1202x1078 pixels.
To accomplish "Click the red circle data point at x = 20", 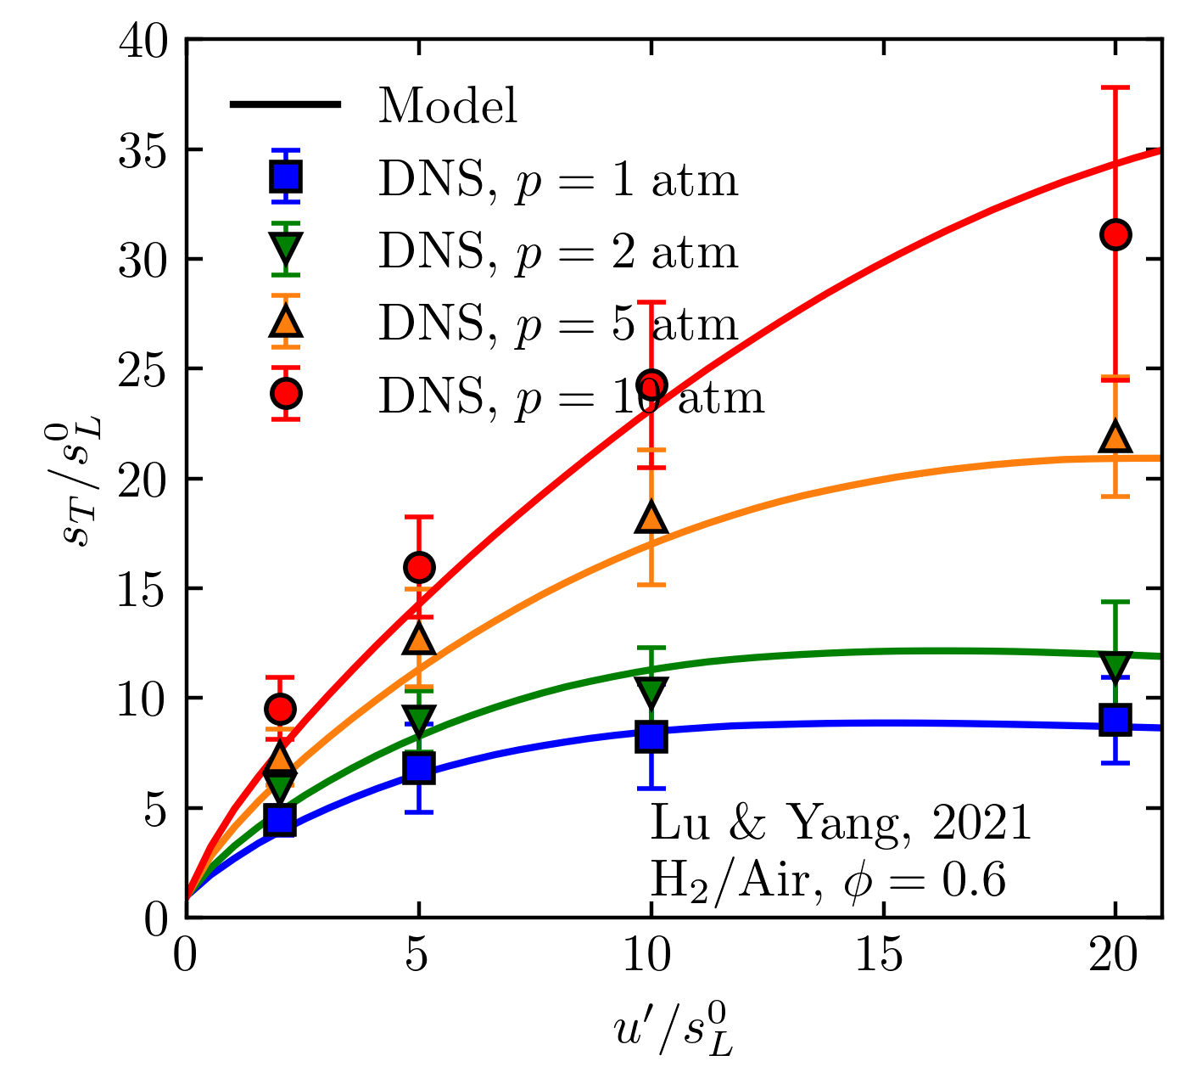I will (x=1115, y=234).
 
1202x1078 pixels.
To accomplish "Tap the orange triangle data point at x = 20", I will (x=1115, y=437).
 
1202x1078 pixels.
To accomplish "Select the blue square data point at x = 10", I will (x=651, y=736).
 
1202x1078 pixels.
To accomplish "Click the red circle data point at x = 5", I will (x=419, y=566).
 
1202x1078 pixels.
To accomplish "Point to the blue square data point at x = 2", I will (x=280, y=820).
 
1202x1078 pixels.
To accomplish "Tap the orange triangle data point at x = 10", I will (x=651, y=517).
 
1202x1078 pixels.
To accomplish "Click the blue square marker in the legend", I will (x=287, y=177).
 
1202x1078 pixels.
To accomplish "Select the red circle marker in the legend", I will (x=287, y=393).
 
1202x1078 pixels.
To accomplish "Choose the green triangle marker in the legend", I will (x=287, y=249).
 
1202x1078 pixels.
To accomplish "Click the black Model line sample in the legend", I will (x=285, y=104).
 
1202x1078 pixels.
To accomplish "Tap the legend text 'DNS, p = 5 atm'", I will (x=557, y=323).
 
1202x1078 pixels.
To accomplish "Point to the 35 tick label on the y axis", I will (x=142, y=150).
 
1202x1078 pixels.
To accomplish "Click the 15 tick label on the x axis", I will (x=883, y=957).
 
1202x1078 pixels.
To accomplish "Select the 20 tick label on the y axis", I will (x=142, y=479).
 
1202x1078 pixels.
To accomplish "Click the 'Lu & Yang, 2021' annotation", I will (x=840, y=823).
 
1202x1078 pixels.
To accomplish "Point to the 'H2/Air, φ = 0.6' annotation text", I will (x=828, y=880).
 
